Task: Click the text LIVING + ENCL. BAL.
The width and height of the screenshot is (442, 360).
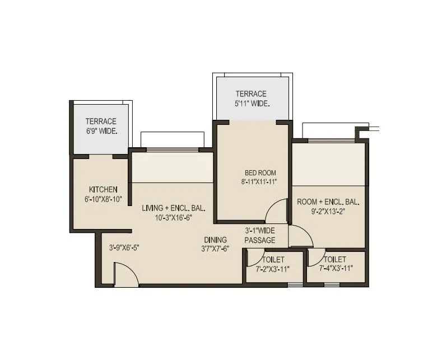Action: coord(173,208)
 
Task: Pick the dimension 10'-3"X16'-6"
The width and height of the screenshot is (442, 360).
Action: coord(173,217)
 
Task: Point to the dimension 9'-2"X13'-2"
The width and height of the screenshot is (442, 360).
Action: coord(328,212)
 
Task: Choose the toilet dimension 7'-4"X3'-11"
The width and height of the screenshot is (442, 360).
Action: coord(334,269)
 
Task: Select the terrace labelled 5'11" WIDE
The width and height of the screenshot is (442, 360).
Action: coord(251,99)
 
